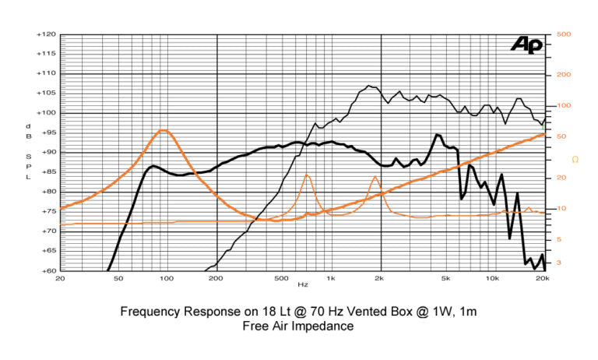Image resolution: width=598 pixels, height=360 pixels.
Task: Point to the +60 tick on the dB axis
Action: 46,270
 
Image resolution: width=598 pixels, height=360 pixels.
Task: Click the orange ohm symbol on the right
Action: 575,160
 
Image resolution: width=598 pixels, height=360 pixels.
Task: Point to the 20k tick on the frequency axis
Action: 543,279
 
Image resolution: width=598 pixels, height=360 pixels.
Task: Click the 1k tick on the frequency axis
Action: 331,279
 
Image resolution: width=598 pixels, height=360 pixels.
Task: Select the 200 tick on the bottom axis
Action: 216,279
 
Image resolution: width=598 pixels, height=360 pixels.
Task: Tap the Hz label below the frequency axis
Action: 302,285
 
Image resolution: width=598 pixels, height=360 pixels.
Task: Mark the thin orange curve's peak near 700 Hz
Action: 307,175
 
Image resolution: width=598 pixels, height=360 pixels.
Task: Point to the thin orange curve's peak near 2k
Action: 375,177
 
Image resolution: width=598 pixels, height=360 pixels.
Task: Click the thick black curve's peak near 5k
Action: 438,135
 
